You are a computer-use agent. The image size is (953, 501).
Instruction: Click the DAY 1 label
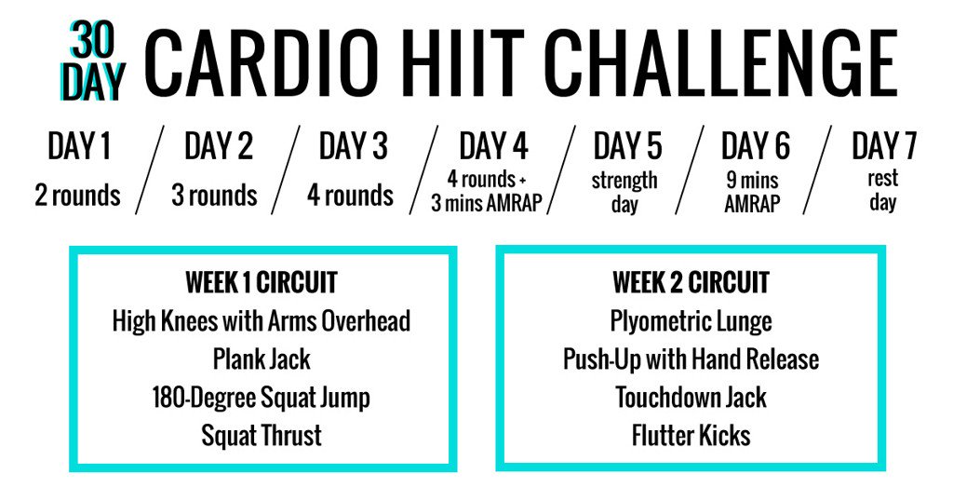click(x=78, y=147)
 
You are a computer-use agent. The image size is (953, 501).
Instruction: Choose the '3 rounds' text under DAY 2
click(x=214, y=196)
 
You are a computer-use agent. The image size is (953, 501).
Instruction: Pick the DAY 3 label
click(x=353, y=147)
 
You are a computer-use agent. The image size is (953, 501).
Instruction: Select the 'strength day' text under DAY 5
click(x=624, y=191)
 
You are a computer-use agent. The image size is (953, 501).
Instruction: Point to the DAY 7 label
click(x=883, y=147)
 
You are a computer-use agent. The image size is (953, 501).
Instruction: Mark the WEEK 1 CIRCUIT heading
click(x=262, y=281)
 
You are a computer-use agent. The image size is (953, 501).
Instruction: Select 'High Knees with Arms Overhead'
click(x=262, y=321)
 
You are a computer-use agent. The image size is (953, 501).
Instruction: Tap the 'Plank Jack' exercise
click(x=262, y=359)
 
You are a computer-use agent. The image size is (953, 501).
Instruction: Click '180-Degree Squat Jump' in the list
click(x=262, y=398)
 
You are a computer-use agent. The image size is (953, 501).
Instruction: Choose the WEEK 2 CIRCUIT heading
click(x=691, y=281)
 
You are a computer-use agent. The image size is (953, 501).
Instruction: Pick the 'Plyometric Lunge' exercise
click(x=691, y=321)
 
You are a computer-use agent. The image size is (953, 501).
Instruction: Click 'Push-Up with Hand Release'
click(x=691, y=359)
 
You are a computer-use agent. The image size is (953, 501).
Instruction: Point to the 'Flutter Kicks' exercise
click(x=691, y=435)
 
